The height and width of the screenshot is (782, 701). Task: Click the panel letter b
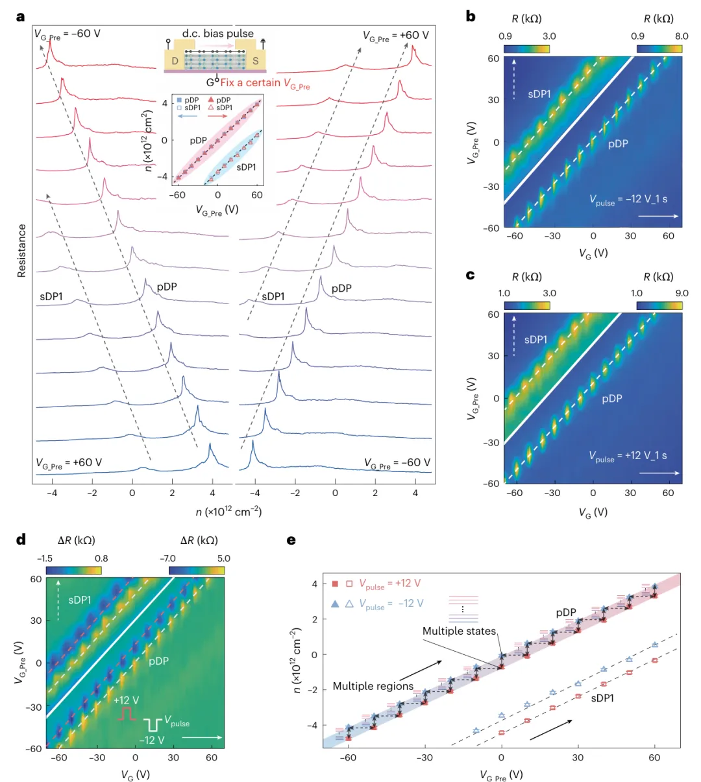click(x=471, y=17)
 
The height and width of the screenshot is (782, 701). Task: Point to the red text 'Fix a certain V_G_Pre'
click(x=265, y=83)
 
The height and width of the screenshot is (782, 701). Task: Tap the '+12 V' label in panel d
click(x=126, y=700)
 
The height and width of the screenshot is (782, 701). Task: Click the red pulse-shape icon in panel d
click(x=127, y=714)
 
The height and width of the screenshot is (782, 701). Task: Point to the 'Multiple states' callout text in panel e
click(x=459, y=631)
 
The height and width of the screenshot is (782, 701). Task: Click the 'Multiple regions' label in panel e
click(x=373, y=686)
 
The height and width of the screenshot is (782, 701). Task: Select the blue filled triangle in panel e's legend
click(x=335, y=603)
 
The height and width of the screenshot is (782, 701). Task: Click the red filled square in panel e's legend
click(x=335, y=584)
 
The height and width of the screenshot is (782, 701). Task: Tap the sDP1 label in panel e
click(x=602, y=698)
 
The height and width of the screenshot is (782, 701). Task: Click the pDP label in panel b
click(x=618, y=144)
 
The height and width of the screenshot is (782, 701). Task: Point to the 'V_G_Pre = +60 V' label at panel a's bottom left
click(x=69, y=463)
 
